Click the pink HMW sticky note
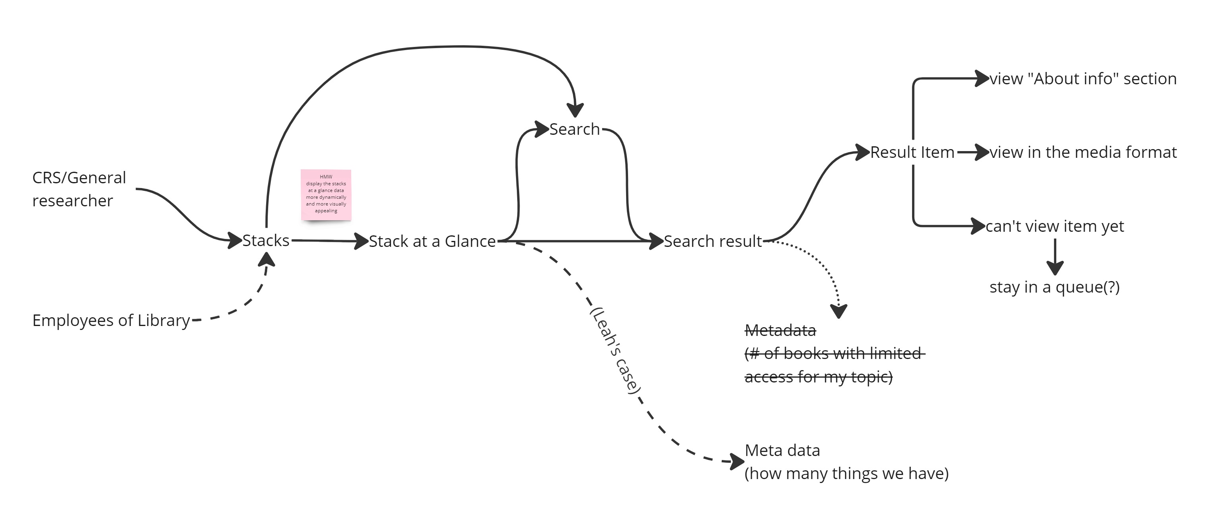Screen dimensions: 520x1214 click(326, 195)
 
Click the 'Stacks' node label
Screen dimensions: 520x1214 click(266, 241)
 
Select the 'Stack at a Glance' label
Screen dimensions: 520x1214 click(432, 241)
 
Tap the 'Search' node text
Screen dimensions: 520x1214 click(574, 129)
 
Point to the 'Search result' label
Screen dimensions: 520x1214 click(713, 241)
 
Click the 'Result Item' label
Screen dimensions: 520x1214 click(912, 152)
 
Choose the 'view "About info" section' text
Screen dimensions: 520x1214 click(1083, 79)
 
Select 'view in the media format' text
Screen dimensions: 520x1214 click(1083, 152)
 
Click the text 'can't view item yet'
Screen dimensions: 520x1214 click(1055, 226)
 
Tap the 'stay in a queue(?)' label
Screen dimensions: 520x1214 click(1054, 287)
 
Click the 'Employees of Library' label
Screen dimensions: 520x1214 click(111, 320)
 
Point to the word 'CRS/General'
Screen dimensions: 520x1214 click(79, 178)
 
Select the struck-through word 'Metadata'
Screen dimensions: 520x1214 click(780, 330)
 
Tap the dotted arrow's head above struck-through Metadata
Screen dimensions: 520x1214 click(839, 312)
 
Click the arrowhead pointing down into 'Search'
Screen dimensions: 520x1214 click(575, 111)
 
